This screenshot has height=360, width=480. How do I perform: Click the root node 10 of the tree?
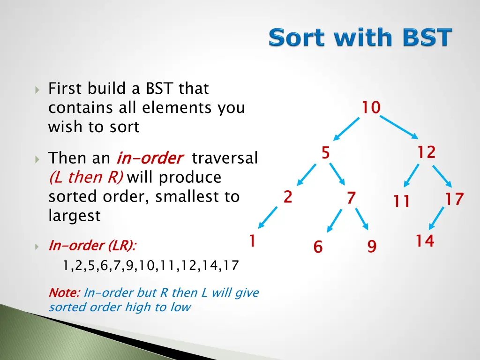(x=371, y=107)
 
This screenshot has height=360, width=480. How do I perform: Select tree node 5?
(x=326, y=152)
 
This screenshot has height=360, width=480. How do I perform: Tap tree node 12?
(x=427, y=152)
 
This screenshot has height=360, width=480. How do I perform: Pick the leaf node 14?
(x=425, y=240)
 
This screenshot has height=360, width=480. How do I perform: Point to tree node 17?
(x=454, y=199)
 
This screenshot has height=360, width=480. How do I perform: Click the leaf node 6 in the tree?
(x=318, y=247)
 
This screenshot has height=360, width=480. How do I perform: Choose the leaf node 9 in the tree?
(x=372, y=246)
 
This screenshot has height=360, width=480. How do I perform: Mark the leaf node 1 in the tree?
(x=252, y=240)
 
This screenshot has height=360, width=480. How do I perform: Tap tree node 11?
(x=401, y=201)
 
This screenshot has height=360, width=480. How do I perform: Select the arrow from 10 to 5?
(x=346, y=129)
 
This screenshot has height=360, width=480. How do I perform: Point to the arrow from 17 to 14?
(x=436, y=218)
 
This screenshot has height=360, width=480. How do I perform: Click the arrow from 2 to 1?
(x=268, y=217)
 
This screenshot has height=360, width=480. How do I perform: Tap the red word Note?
(x=64, y=292)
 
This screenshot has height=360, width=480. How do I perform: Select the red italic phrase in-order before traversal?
(x=150, y=158)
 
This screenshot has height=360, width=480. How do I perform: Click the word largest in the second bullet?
(x=75, y=216)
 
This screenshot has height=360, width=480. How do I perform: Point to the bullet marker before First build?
(x=37, y=90)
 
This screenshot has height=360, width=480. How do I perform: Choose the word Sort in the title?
(x=296, y=37)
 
